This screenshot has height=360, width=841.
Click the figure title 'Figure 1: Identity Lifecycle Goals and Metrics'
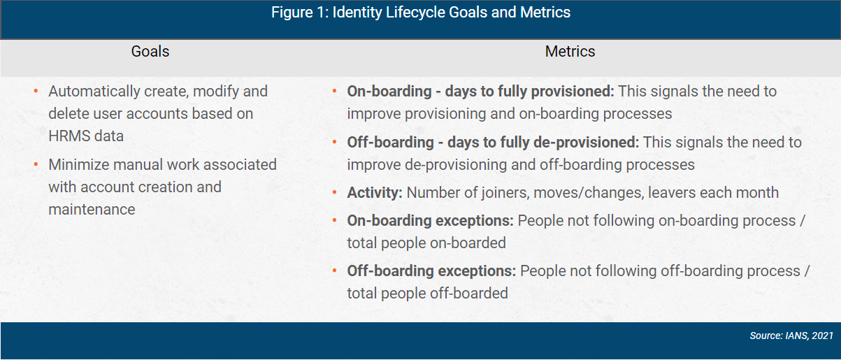[421, 13]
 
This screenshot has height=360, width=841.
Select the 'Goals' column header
[150, 52]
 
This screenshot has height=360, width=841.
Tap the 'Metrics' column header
[570, 52]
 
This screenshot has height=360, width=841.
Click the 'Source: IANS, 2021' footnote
[791, 336]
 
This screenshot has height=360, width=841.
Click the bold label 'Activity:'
[375, 192]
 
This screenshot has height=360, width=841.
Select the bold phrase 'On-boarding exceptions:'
[431, 220]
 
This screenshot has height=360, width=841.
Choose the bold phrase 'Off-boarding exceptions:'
[431, 271]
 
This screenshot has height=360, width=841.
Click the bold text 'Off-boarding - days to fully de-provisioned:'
[493, 142]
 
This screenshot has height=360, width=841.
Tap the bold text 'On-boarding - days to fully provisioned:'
[481, 91]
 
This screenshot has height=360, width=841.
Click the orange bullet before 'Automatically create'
[36, 92]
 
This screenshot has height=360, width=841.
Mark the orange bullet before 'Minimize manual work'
[36, 165]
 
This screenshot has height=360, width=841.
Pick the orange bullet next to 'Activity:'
[335, 193]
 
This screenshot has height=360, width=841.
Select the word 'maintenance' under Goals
[92, 209]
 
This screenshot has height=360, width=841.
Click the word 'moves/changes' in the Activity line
[575, 192]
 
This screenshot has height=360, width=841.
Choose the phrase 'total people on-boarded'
[426, 243]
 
